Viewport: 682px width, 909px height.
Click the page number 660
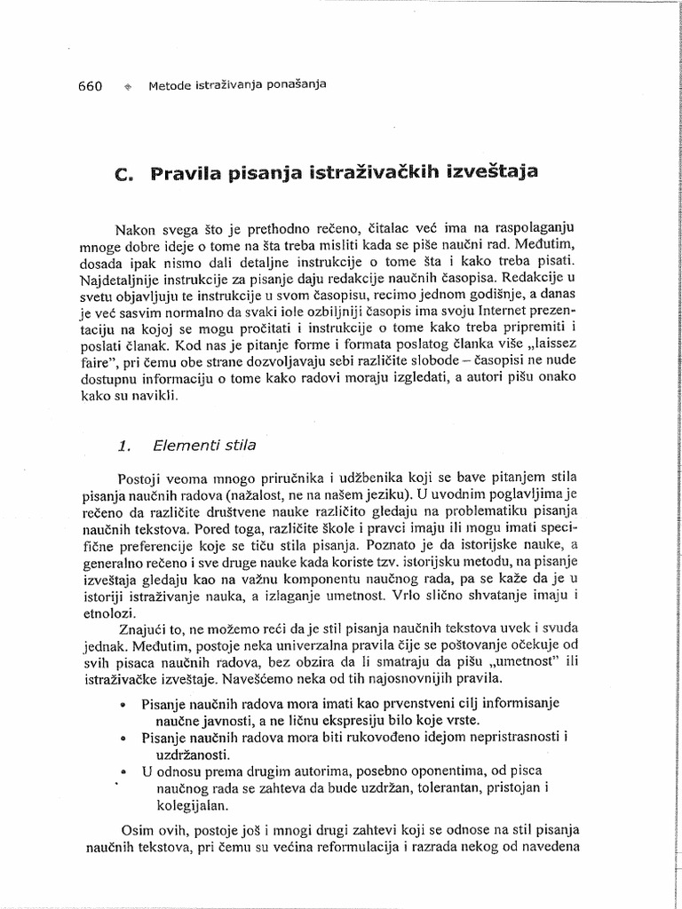[x=81, y=86]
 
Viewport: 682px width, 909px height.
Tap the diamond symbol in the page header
[x=128, y=87]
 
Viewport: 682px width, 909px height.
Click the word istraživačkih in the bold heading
[x=366, y=171]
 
